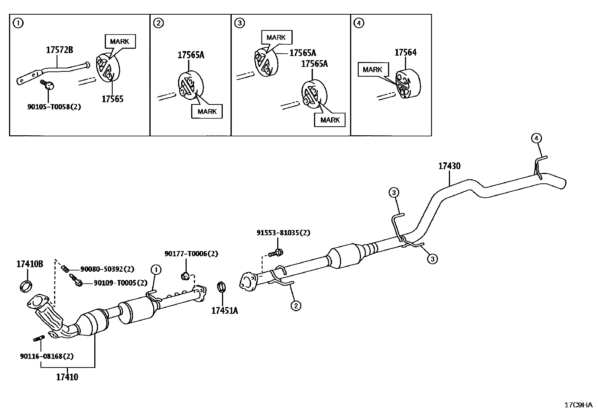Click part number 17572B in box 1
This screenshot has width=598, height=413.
point(59,50)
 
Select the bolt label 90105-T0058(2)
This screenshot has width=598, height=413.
point(54,107)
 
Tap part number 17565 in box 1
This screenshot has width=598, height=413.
point(112,99)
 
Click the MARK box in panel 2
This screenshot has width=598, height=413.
point(207,112)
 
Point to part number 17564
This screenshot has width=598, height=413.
point(405,53)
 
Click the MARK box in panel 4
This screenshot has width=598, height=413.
point(372,70)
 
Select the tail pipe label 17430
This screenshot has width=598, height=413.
point(449,166)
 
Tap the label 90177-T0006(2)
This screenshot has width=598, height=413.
point(191,254)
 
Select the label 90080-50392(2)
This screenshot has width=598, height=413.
point(107,269)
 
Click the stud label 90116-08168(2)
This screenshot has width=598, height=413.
point(47,356)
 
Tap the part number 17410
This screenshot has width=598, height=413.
point(67,377)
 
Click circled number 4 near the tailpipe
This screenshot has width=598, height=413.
point(536,138)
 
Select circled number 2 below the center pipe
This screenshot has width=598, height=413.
point(296,306)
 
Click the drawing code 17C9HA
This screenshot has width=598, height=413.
point(578,405)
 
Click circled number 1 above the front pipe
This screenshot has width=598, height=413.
point(156,269)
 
